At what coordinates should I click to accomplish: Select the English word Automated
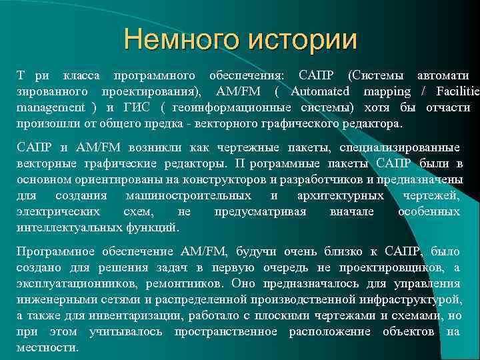[320, 91]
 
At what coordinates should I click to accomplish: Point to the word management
[51, 107]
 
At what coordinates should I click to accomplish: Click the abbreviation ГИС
[133, 107]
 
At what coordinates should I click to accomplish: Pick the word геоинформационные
[227, 107]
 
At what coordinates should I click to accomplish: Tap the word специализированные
[399, 147]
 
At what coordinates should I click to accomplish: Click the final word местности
[47, 347]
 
